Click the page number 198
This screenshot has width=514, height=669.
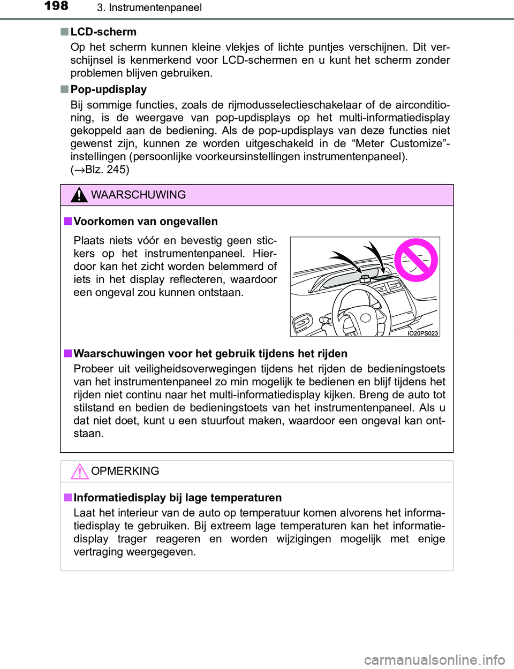[56, 6]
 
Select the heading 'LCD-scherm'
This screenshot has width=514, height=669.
[103, 32]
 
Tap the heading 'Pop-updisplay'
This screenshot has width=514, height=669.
[109, 89]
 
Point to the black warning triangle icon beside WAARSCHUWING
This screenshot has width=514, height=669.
[79, 195]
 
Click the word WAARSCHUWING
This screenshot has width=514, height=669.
[138, 195]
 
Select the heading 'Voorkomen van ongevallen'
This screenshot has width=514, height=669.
[146, 222]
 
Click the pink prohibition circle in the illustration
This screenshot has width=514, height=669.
[416, 260]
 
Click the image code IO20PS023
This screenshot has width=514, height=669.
[422, 333]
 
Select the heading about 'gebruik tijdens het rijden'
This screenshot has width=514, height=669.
[210, 354]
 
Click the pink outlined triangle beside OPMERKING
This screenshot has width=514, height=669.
[79, 471]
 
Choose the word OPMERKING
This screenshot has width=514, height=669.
[125, 471]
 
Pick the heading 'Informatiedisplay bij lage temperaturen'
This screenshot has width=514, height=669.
[178, 498]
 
